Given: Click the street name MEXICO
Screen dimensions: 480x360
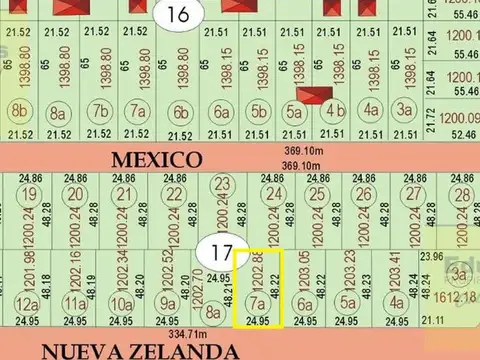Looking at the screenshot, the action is (x=156, y=159).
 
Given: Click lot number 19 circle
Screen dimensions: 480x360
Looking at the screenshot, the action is (x=29, y=194).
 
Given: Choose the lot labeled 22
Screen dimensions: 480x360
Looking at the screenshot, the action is (x=175, y=194).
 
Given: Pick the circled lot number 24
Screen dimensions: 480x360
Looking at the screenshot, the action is (x=272, y=194).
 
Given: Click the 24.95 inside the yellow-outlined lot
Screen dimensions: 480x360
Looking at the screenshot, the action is (x=258, y=321).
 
